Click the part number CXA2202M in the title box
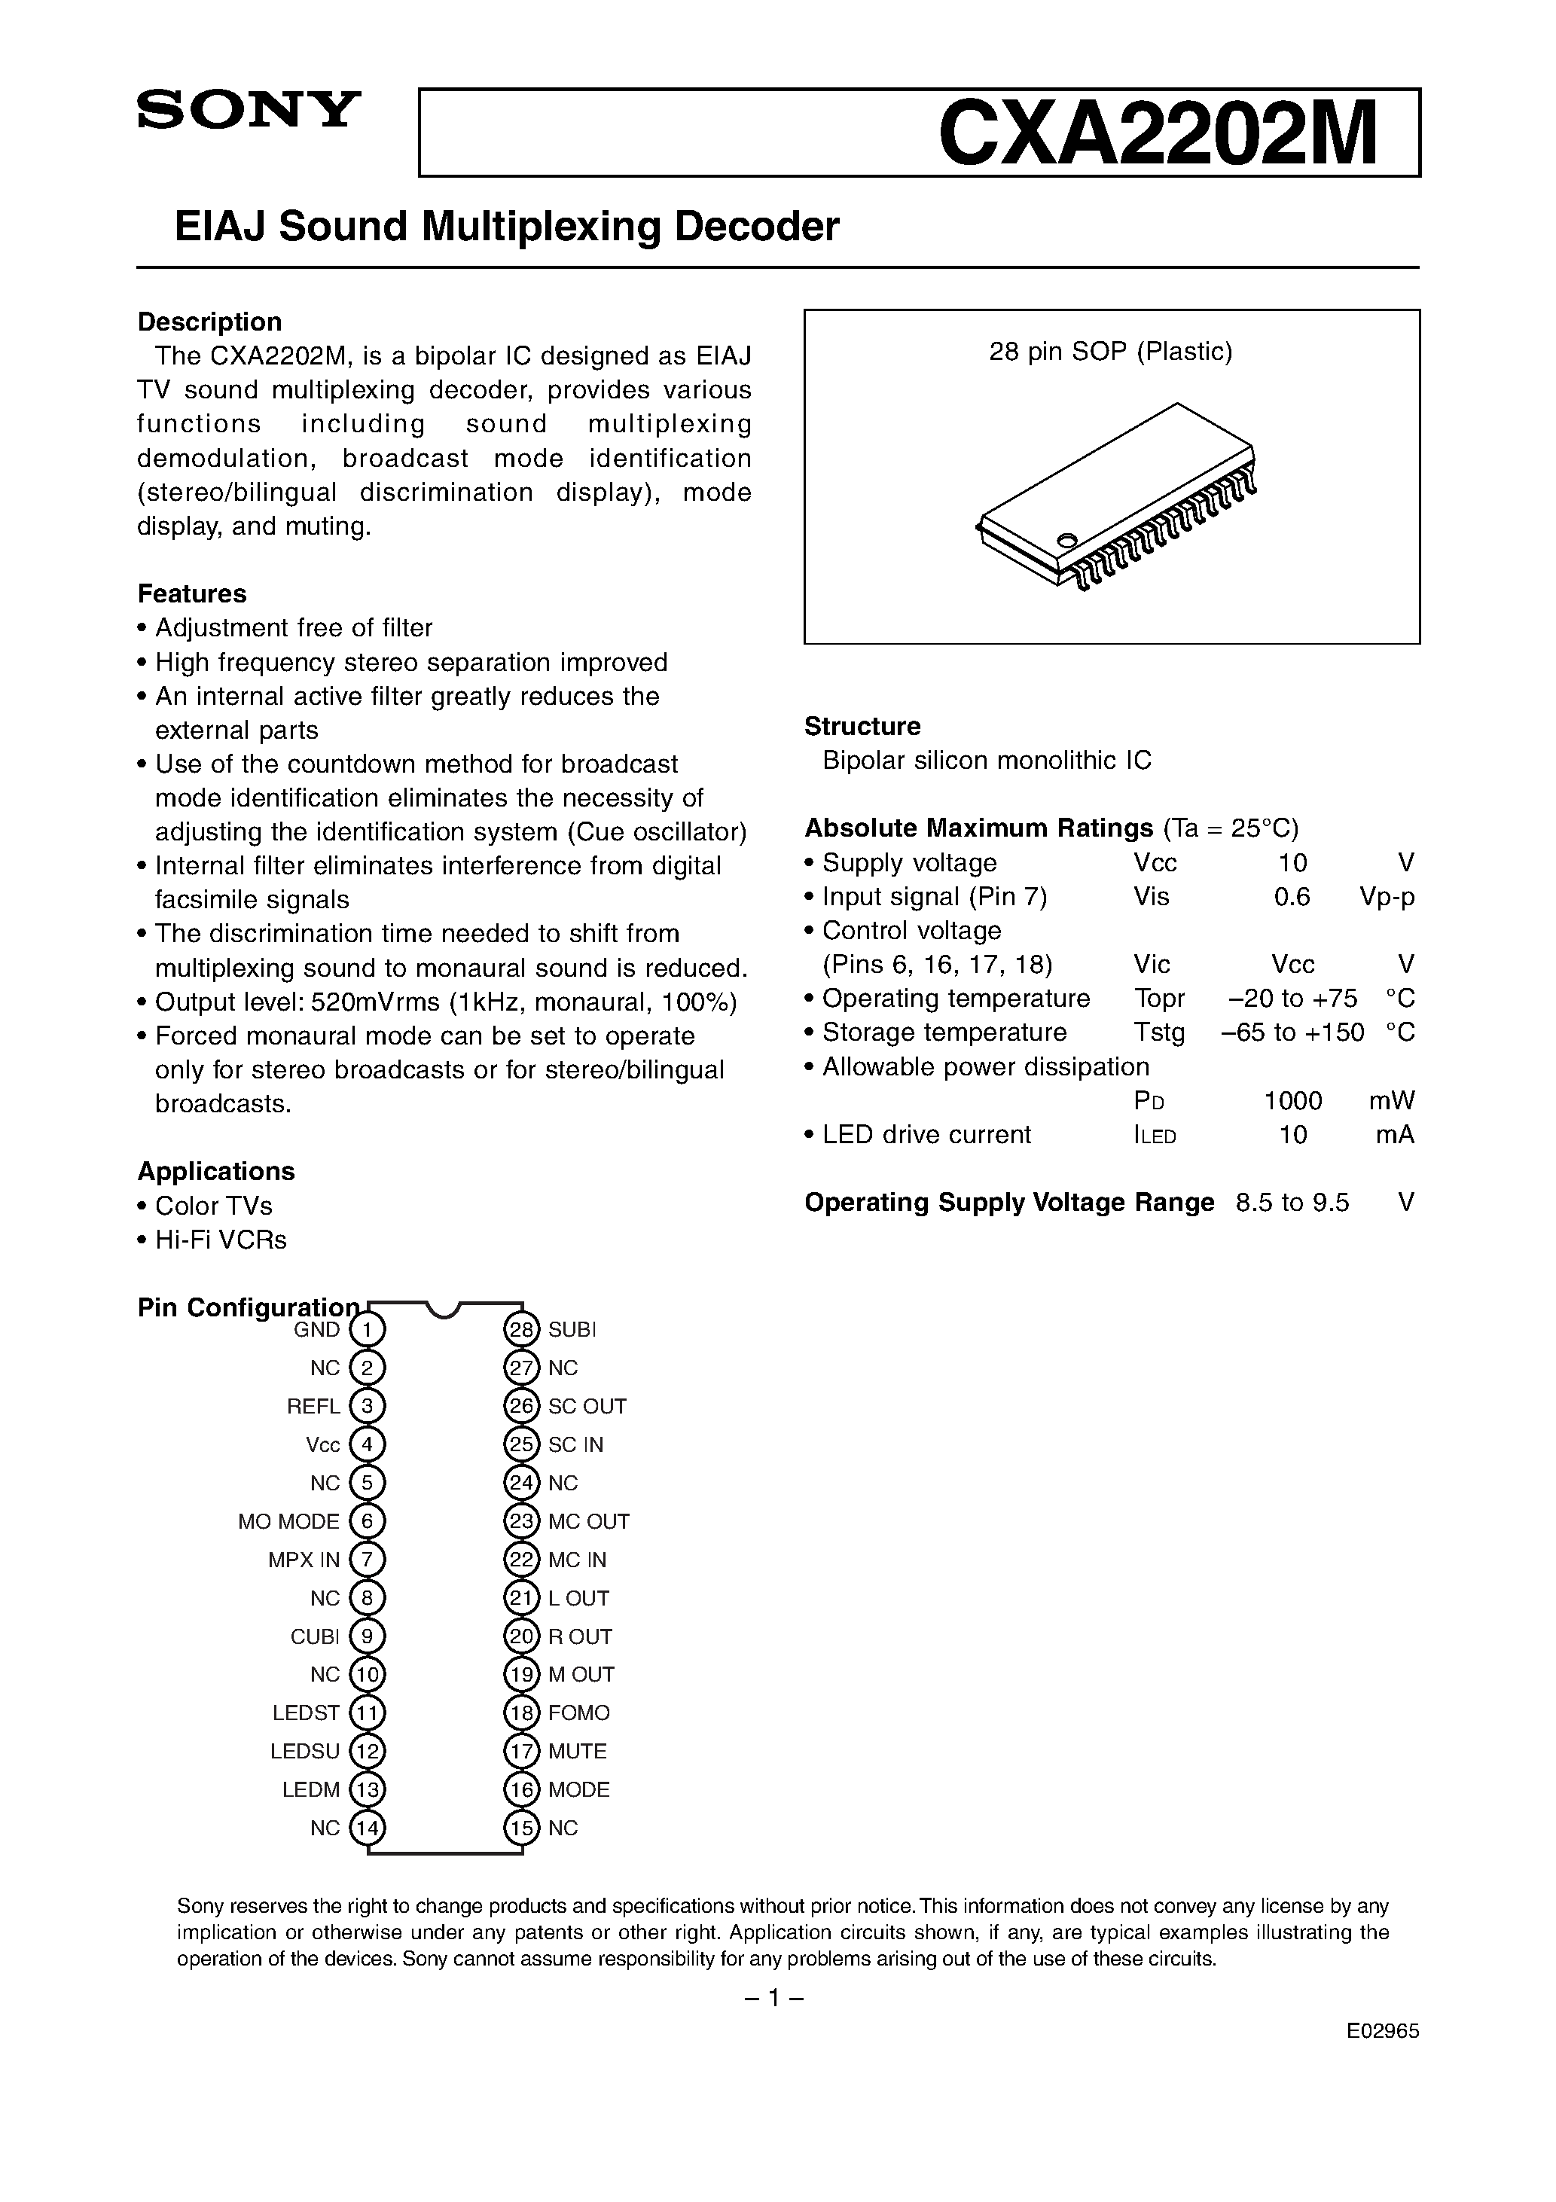[1158, 134]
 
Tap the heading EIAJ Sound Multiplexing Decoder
[507, 227]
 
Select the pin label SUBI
[572, 1329]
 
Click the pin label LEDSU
[305, 1751]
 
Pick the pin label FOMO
[578, 1713]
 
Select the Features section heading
[192, 593]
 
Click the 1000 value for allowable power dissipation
[1292, 1101]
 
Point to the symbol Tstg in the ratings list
[1159, 1033]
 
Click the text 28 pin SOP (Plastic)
[1110, 352]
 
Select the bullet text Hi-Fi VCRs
[221, 1240]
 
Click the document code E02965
[1382, 2031]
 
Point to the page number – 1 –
[773, 1999]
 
